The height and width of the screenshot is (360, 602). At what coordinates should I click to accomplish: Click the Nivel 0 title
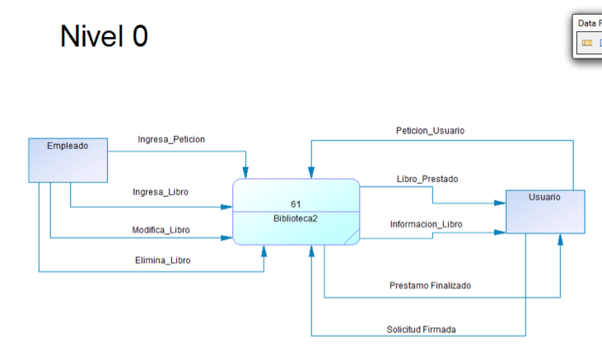point(104,36)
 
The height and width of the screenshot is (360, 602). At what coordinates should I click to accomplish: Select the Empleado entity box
point(68,160)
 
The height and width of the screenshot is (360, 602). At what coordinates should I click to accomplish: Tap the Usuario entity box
point(544,212)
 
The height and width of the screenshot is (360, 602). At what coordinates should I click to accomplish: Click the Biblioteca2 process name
point(296,218)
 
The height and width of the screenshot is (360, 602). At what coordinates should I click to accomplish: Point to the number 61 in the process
point(296,203)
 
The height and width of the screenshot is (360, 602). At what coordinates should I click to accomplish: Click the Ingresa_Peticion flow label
point(171,139)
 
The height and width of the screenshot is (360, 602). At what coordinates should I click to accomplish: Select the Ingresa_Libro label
point(161,192)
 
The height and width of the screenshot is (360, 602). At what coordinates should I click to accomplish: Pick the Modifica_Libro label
point(161,230)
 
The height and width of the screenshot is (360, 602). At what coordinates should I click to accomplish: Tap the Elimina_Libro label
point(162,260)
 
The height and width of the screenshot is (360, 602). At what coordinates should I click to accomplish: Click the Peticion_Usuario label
point(430,130)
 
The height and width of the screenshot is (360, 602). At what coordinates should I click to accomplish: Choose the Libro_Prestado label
point(427,179)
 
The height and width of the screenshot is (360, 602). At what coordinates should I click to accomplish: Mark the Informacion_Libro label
point(426,224)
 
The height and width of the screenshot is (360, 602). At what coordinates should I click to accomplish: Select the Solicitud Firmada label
point(422,330)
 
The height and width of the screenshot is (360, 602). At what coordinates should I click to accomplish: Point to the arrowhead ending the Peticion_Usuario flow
point(311,172)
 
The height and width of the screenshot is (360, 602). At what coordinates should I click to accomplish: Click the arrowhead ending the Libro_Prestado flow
point(499,203)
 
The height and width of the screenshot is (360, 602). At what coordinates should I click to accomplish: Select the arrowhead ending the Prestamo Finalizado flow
point(560,240)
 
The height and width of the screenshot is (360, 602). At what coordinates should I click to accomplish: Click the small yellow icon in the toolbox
point(587,43)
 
